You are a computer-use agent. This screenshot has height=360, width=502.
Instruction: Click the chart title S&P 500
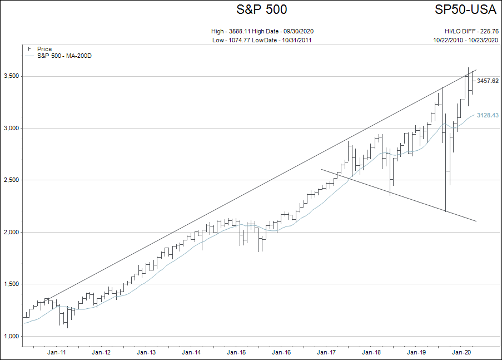point(262,9)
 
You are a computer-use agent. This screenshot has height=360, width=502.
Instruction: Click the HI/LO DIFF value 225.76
point(488,31)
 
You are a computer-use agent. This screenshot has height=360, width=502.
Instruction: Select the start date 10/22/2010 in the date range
point(449,40)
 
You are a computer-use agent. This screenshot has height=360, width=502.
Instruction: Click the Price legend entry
point(44,49)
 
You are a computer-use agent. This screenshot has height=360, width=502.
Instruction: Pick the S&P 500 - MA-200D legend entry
point(64,56)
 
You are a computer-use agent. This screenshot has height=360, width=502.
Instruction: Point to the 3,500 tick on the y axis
point(11,76)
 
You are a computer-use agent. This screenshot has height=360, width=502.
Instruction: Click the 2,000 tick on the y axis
point(11,232)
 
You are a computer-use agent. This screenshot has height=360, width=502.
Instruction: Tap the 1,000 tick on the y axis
point(11,336)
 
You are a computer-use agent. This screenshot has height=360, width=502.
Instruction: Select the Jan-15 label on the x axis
point(236,352)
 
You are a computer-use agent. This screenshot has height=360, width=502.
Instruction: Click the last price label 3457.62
point(488,81)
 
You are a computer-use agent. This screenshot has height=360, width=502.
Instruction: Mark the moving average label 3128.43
point(488,115)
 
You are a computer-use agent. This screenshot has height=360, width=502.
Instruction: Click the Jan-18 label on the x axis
point(371,352)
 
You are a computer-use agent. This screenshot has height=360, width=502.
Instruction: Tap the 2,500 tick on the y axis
point(11,180)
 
